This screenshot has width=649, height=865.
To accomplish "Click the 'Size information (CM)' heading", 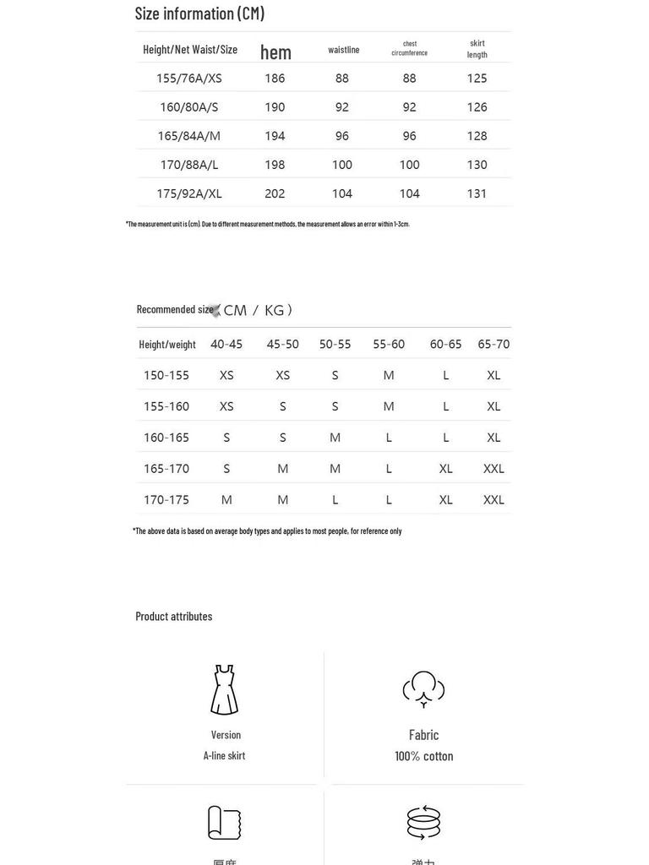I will [x=199, y=14].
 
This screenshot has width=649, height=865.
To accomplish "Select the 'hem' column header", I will [x=275, y=52].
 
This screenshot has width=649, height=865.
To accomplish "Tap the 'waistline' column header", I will [x=344, y=50].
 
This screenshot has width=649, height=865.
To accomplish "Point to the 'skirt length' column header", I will [x=477, y=49].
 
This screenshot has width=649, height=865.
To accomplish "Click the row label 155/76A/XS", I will [x=189, y=79].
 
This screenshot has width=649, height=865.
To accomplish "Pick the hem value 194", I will [x=275, y=136].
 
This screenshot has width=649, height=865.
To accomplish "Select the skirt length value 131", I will [x=477, y=193].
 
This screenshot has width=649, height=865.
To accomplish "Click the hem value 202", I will [x=275, y=193].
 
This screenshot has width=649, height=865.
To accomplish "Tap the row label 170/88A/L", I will [x=189, y=165].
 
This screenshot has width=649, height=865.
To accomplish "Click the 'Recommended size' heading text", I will [x=175, y=309].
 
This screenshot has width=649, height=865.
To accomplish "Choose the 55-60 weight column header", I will [x=389, y=344].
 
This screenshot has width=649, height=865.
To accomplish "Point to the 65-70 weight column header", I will [x=494, y=344].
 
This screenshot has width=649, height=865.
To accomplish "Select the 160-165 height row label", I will [x=166, y=438].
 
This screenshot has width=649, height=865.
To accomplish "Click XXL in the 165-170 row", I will [x=494, y=469].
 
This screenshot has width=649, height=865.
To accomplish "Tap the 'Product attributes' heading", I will [x=174, y=616].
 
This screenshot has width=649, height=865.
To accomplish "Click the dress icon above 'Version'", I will [x=224, y=690].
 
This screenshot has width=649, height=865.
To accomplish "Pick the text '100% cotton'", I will [x=423, y=756].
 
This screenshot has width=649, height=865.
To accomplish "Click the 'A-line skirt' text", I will [x=224, y=755].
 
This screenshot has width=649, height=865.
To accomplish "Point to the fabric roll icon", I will [x=224, y=823].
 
